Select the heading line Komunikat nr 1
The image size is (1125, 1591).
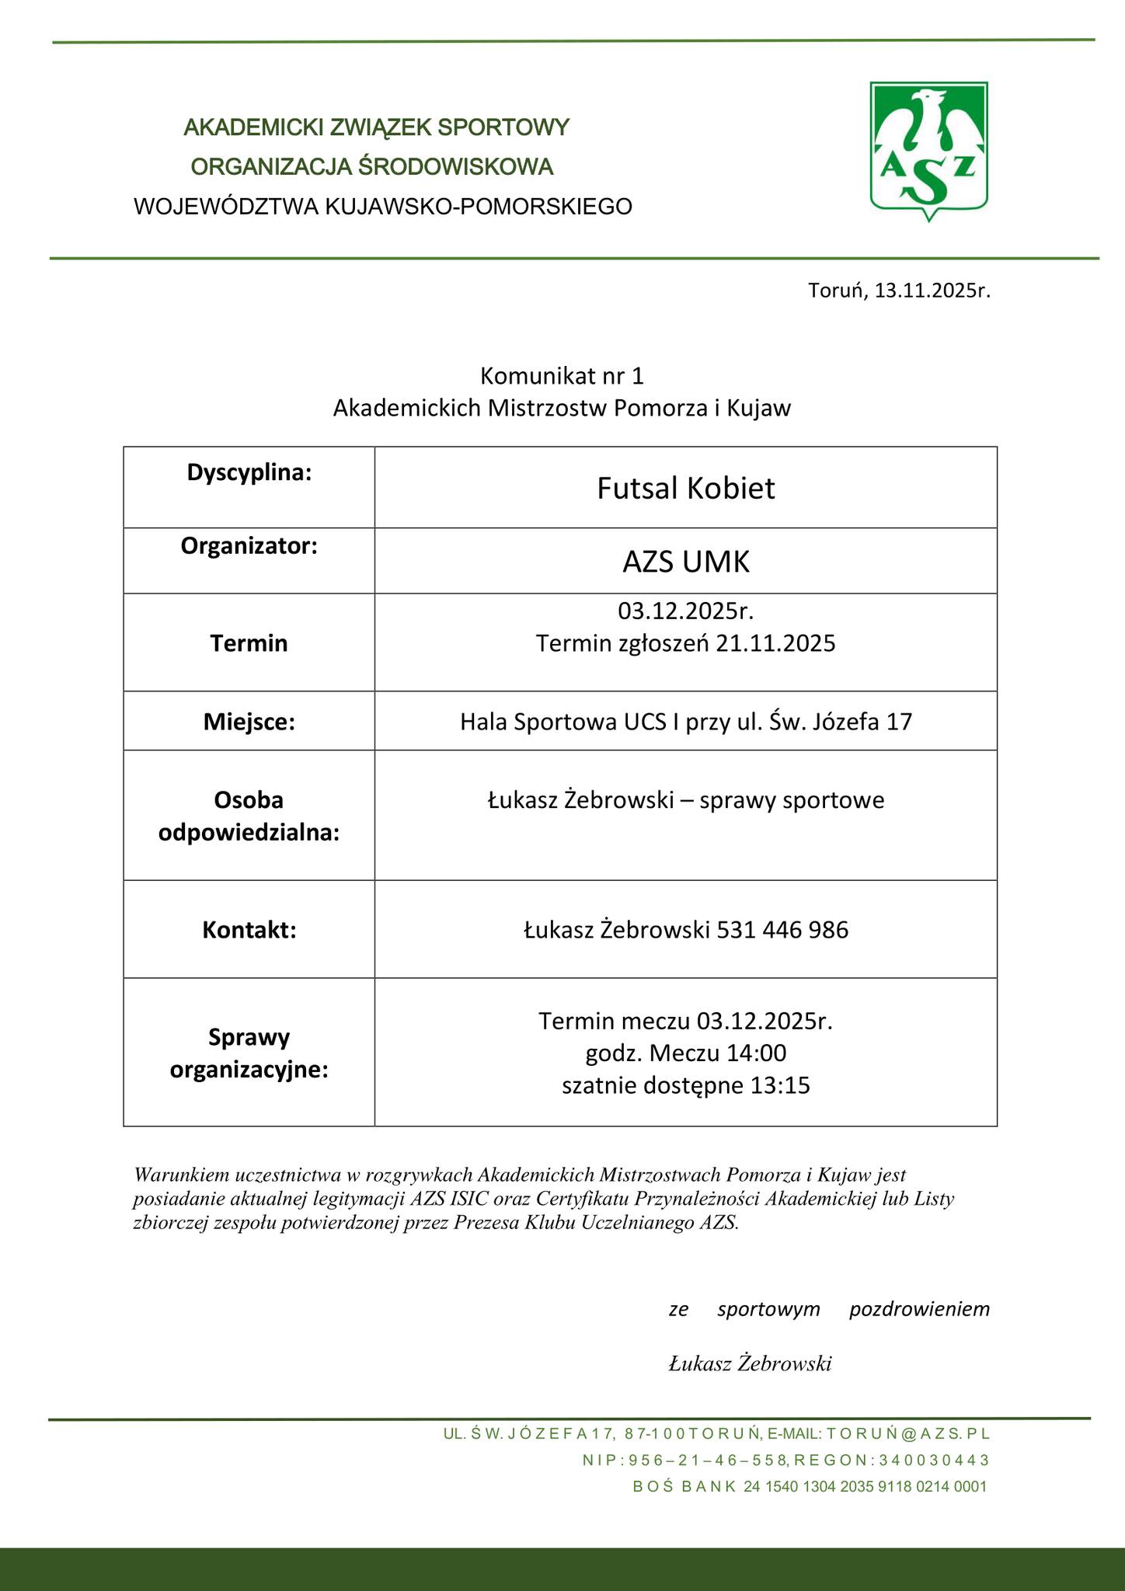(562, 376)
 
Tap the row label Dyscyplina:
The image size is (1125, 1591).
(249, 472)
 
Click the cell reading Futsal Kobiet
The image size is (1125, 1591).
(685, 489)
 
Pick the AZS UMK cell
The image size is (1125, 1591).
(685, 562)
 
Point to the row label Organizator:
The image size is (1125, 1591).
(249, 546)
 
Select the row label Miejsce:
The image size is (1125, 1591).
(249, 722)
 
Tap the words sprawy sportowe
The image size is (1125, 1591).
(792, 800)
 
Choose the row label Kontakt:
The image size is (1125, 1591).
(249, 929)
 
